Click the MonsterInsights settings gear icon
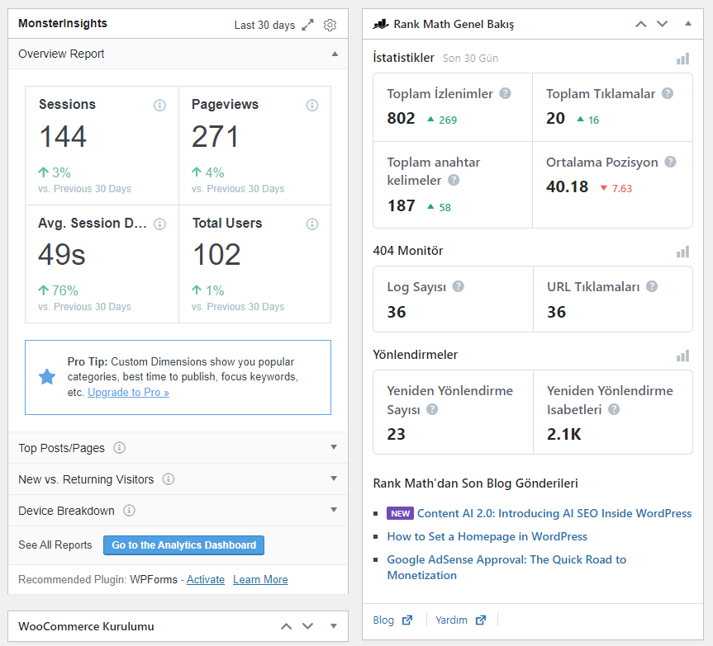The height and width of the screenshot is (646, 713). [x=330, y=25]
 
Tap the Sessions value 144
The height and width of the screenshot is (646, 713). [x=63, y=136]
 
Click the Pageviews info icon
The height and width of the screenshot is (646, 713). [x=312, y=106]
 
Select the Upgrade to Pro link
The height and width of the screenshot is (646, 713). [x=128, y=392]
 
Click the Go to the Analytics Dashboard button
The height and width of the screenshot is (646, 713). [x=183, y=545]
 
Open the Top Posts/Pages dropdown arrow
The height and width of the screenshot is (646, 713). [x=334, y=447]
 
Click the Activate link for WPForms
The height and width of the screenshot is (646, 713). [x=206, y=580]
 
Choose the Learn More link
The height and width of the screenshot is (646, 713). [x=260, y=580]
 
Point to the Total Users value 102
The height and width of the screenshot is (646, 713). [x=216, y=254]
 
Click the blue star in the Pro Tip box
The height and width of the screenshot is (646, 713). [x=47, y=377]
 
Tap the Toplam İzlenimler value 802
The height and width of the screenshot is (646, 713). [x=401, y=118]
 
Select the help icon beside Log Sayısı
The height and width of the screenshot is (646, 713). [x=459, y=286]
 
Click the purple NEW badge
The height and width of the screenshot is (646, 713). [x=400, y=513]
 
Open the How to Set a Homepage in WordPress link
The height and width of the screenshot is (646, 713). [x=487, y=536]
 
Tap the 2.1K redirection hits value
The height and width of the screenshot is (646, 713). [x=563, y=434]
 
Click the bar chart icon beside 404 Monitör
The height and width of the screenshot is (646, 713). [x=683, y=252]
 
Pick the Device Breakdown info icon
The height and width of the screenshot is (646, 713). [x=130, y=511]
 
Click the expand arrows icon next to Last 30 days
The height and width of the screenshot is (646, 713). [x=308, y=25]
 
